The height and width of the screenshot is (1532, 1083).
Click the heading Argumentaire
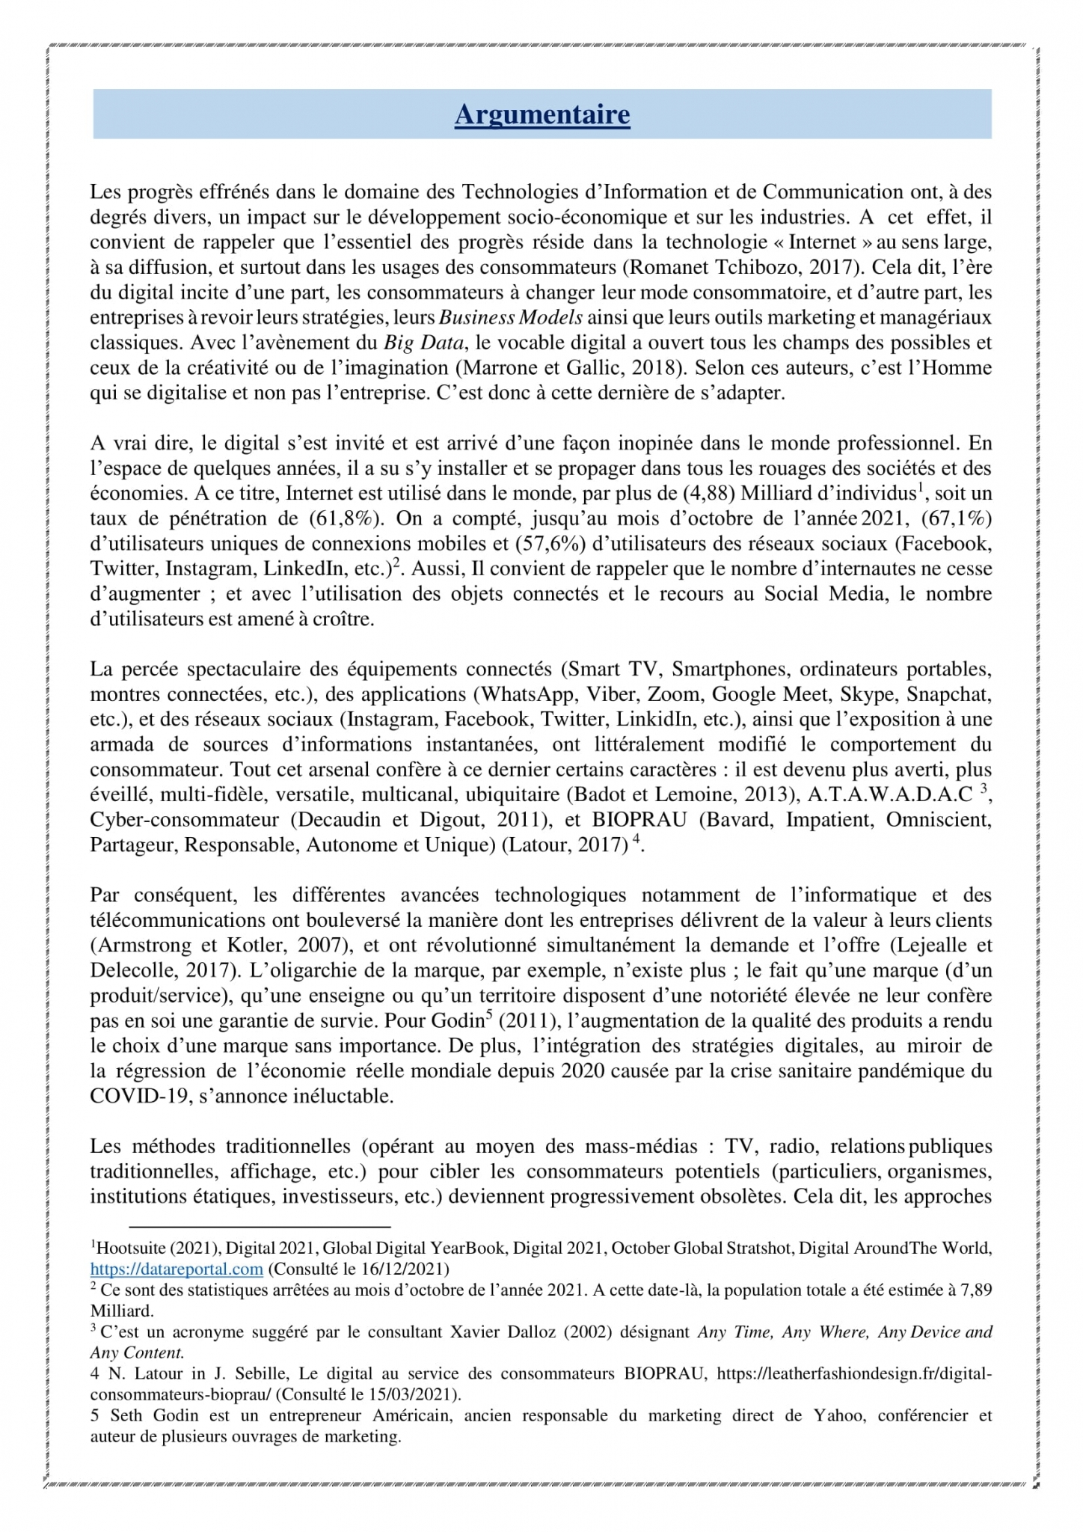pyautogui.click(x=542, y=114)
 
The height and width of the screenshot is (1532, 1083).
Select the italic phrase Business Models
pyautogui.click(x=511, y=317)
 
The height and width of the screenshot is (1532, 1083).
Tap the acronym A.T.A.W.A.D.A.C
pyautogui.click(x=890, y=794)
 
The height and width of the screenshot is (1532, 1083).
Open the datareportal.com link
pyautogui.click(x=177, y=1269)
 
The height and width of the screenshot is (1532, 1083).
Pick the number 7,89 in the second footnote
pyautogui.click(x=976, y=1290)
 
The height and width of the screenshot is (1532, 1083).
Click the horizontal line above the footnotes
pyautogui.click(x=260, y=1227)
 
